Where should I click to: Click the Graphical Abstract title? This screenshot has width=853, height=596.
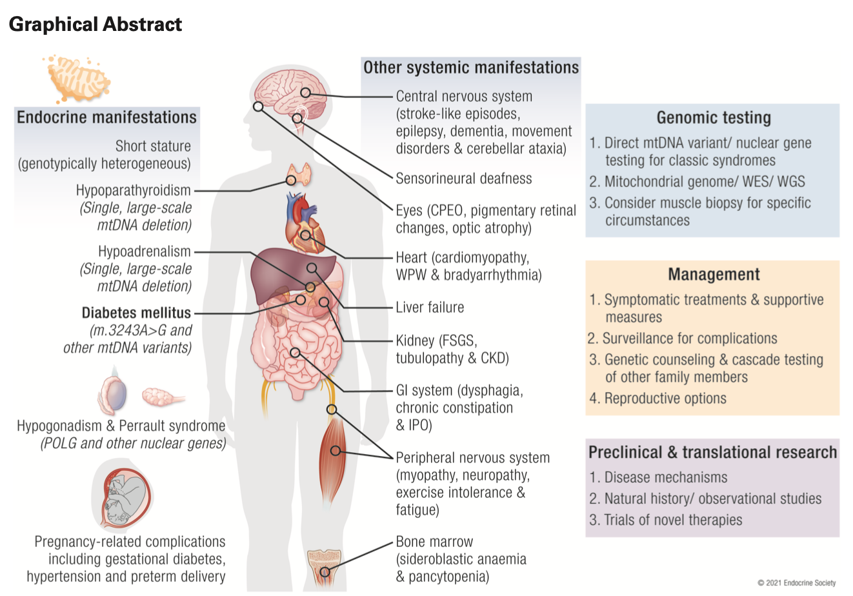click(x=95, y=25)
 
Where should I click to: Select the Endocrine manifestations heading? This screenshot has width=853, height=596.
click(x=106, y=117)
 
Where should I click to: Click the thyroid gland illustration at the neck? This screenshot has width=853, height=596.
click(x=299, y=172)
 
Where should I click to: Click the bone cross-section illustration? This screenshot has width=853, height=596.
click(x=325, y=564)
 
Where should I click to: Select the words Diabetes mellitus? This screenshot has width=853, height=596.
click(x=136, y=313)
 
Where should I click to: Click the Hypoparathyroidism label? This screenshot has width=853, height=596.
click(x=134, y=190)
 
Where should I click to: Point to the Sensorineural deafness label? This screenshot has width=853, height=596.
click(x=464, y=179)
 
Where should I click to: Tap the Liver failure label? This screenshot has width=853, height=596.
click(x=430, y=308)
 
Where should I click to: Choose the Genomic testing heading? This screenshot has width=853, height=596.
click(x=714, y=118)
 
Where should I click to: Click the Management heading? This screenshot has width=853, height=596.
click(x=714, y=274)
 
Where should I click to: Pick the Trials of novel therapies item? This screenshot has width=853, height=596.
click(x=672, y=520)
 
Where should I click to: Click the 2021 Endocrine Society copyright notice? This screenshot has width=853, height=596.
click(x=796, y=583)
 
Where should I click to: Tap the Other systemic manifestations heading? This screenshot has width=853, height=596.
click(x=471, y=68)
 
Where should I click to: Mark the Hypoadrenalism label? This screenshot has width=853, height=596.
click(x=145, y=252)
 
